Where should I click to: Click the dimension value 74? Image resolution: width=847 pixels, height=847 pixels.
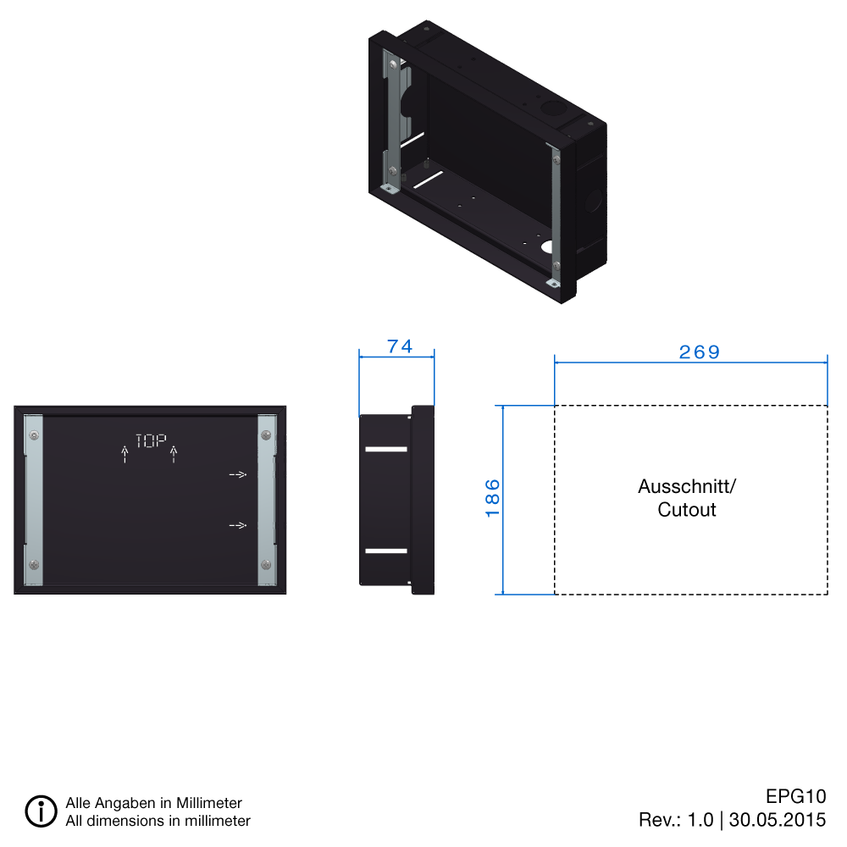[x=399, y=346]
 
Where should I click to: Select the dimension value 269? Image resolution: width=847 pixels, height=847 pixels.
[x=699, y=352]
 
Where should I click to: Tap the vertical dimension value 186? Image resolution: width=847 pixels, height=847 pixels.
[x=493, y=498]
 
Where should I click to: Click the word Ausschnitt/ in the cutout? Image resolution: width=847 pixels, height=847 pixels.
[x=687, y=487]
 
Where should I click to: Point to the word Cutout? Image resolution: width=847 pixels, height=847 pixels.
[x=687, y=510]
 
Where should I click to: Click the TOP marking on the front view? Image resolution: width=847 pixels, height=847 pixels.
[x=150, y=440]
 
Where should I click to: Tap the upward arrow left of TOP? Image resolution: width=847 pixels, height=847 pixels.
[x=125, y=455]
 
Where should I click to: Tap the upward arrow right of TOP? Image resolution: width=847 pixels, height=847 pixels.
[x=174, y=455]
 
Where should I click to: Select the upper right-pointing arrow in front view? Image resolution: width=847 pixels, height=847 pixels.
[x=238, y=475]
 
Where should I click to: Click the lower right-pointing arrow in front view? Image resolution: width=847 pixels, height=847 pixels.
[x=238, y=526]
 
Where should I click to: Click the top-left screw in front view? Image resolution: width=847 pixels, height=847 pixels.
[x=33, y=435]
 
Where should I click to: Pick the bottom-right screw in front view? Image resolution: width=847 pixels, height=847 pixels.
[x=266, y=565]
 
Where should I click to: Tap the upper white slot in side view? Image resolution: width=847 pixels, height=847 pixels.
[x=385, y=448]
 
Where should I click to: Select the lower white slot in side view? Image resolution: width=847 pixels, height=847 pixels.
[x=385, y=551]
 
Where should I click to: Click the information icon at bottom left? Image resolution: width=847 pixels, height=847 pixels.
[x=41, y=811]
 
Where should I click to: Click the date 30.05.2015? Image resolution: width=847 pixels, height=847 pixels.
[x=777, y=820]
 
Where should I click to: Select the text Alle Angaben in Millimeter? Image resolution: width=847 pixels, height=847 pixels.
[x=153, y=803]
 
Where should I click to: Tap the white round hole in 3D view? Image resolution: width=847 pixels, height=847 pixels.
[x=546, y=248]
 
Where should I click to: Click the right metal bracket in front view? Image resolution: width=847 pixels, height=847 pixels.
[x=267, y=500]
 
